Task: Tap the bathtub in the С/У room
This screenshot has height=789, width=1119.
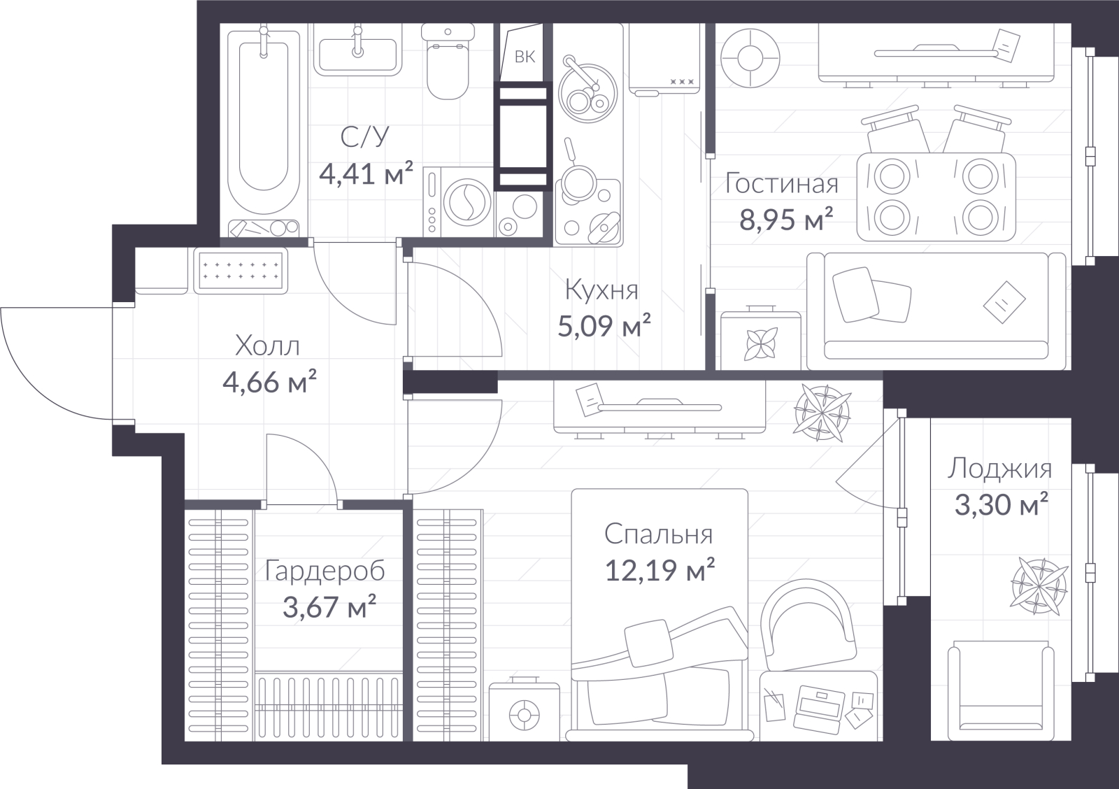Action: [x=264, y=126]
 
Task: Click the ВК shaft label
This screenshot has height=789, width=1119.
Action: [x=525, y=57]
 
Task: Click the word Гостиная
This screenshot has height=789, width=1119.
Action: [x=782, y=183]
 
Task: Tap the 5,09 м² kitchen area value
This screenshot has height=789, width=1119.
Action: [x=604, y=326]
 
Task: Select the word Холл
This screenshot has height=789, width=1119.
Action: [x=267, y=346]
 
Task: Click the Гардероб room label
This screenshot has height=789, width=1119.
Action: [x=325, y=571]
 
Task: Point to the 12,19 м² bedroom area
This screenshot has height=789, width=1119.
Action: [x=660, y=569]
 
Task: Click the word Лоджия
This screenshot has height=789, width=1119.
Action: [x=1000, y=468]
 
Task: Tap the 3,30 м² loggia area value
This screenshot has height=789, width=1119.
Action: [x=1001, y=505]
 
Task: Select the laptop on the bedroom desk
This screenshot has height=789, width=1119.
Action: [x=818, y=706]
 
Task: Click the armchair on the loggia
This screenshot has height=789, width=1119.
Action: [x=1001, y=692]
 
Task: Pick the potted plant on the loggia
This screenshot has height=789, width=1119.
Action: [x=1039, y=586]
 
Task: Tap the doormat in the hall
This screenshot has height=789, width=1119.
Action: [x=241, y=270]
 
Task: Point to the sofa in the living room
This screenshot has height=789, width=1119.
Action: [x=936, y=311]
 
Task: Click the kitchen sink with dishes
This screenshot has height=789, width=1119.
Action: [x=588, y=93]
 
